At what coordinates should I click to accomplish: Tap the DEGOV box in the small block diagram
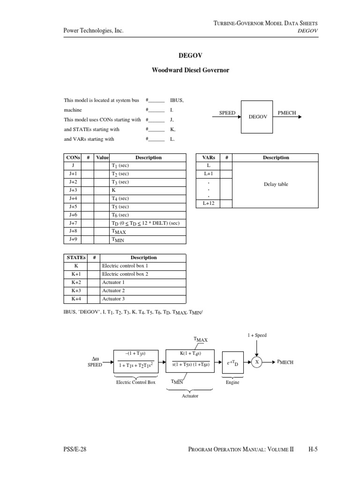click(x=258, y=117)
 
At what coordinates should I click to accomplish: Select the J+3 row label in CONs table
click(x=73, y=190)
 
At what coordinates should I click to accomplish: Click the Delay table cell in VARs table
click(x=276, y=184)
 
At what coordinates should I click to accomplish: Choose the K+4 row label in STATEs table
click(x=76, y=299)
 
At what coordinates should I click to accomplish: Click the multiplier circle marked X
click(x=256, y=362)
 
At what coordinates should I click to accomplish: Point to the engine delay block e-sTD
click(x=232, y=362)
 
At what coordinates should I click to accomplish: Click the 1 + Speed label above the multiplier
click(x=256, y=335)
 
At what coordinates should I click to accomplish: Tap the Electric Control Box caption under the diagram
click(x=135, y=382)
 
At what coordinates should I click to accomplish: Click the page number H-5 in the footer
click(x=314, y=449)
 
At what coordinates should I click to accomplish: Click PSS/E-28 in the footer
click(x=75, y=449)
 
